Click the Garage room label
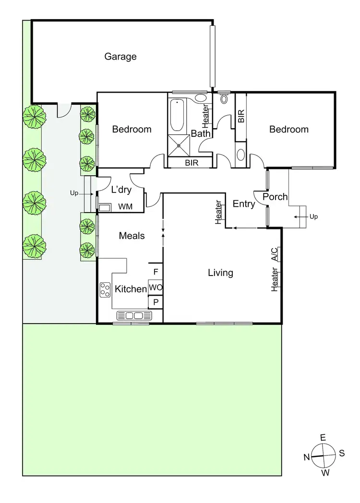[120, 57]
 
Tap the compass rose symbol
[323, 455]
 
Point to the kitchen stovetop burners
[105, 289]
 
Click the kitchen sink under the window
[134, 315]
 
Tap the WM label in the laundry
[125, 207]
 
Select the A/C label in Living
[274, 253]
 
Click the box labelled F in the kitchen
[155, 272]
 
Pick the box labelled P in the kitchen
[155, 302]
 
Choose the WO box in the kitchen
[155, 287]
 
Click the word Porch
[275, 197]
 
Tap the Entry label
[243, 204]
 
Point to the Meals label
[132, 236]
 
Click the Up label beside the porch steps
[313, 217]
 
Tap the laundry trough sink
[105, 207]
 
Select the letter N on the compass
[306, 457]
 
